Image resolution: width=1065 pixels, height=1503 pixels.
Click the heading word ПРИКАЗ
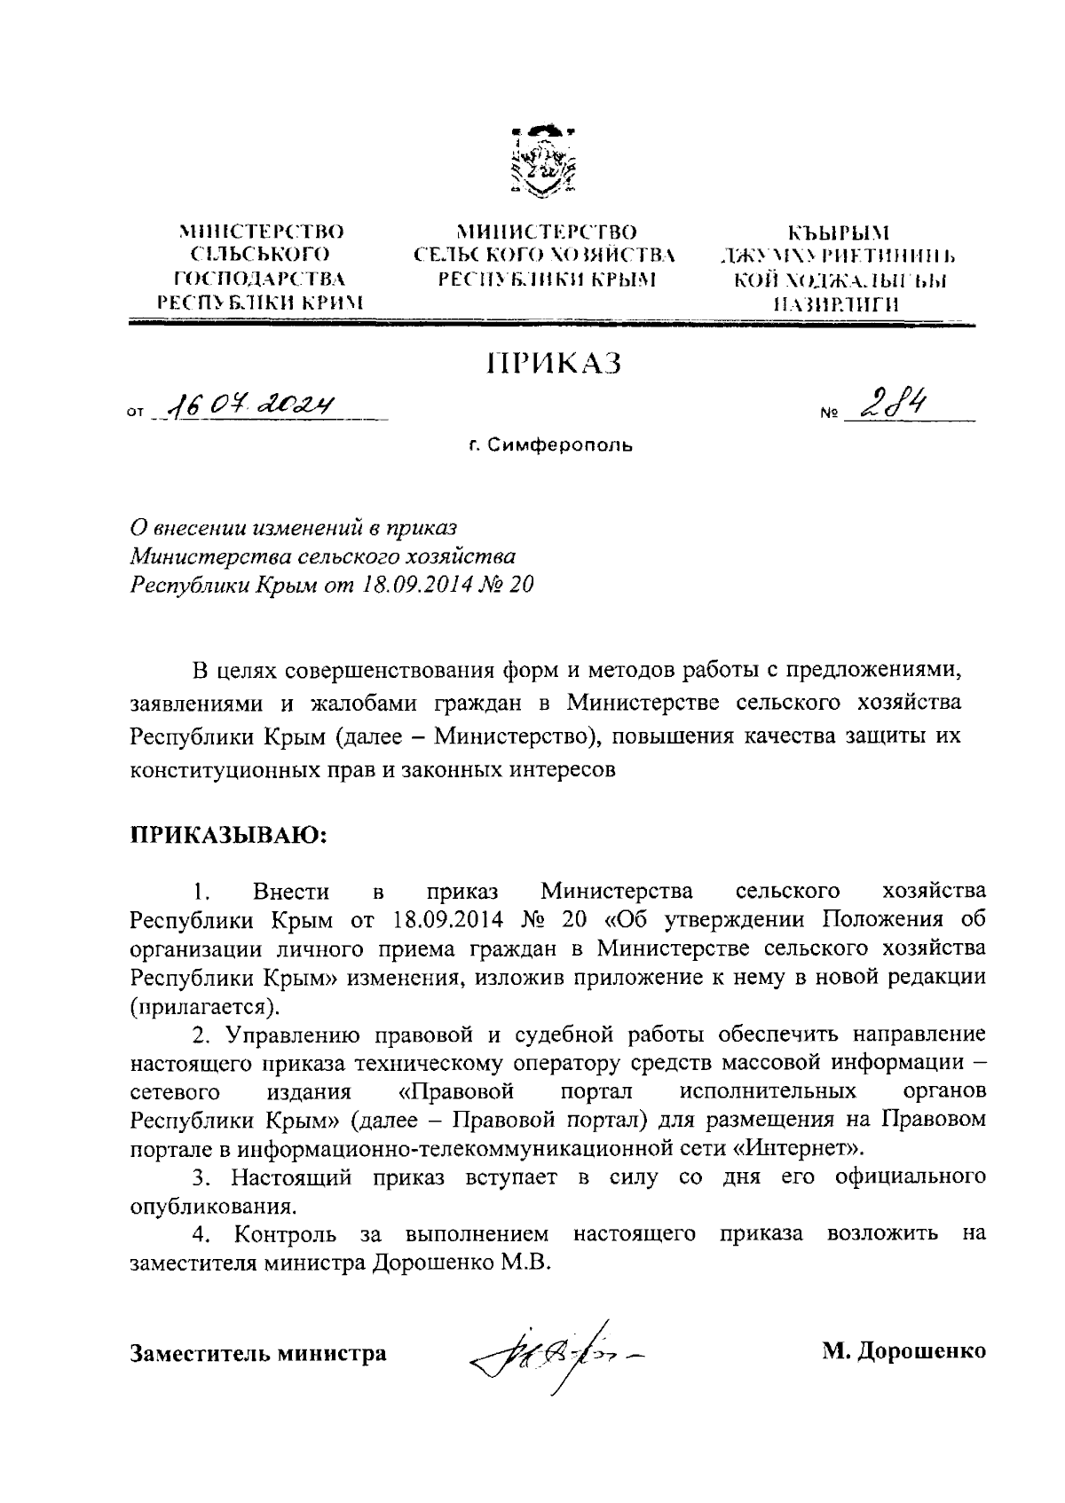click(552, 364)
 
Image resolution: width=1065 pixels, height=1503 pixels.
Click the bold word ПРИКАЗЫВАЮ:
click(231, 835)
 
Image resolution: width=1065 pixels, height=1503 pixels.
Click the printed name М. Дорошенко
click(903, 1352)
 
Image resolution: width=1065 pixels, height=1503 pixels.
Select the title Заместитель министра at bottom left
click(258, 1353)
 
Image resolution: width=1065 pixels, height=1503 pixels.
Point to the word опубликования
click(213, 1207)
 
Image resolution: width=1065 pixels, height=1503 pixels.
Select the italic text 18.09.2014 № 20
click(446, 585)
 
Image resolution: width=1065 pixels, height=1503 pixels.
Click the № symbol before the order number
click(830, 413)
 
